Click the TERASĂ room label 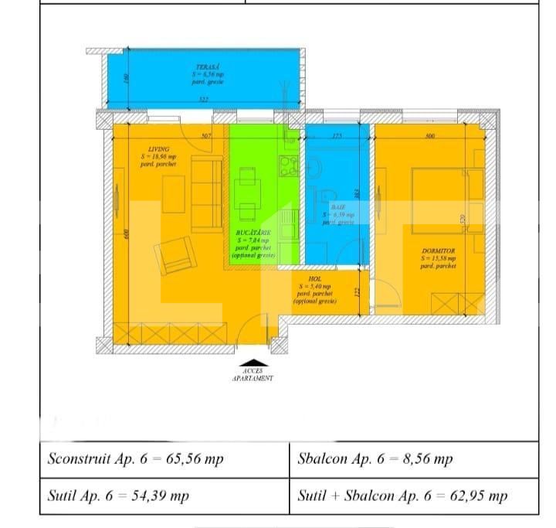(x=203, y=68)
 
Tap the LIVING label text (x=160, y=150)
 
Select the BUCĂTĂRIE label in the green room (x=252, y=232)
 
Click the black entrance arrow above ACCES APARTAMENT (x=252, y=362)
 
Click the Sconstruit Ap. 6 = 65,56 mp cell (x=136, y=458)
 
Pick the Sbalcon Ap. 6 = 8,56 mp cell (x=375, y=458)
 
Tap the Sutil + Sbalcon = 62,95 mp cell (x=402, y=496)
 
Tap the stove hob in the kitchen (x=289, y=165)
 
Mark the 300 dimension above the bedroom (x=430, y=136)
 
